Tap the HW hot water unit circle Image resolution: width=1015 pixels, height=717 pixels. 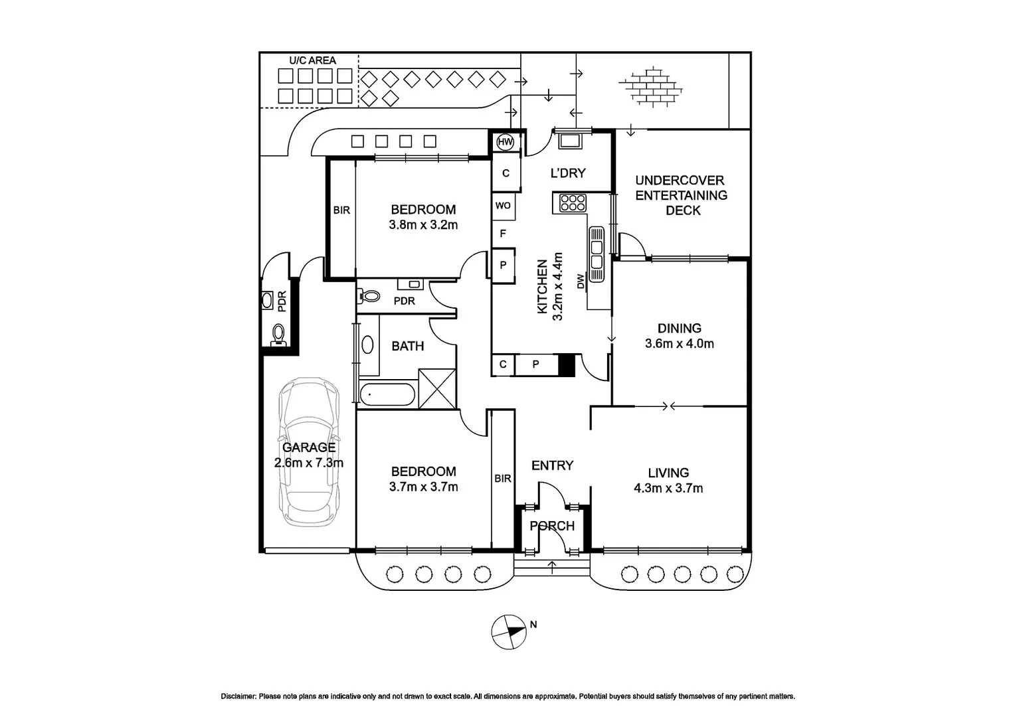pyautogui.click(x=506, y=142)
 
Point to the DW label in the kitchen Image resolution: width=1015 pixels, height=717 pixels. pyautogui.click(x=581, y=282)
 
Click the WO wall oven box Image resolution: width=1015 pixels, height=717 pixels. pyautogui.click(x=503, y=206)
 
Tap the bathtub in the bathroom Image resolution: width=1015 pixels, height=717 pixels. pyautogui.click(x=387, y=394)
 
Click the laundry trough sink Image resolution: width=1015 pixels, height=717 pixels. pyautogui.click(x=569, y=141)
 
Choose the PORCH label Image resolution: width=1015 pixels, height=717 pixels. pyautogui.click(x=552, y=526)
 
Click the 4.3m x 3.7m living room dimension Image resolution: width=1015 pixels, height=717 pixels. pyautogui.click(x=668, y=489)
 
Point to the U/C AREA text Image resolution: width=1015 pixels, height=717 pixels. pyautogui.click(x=312, y=60)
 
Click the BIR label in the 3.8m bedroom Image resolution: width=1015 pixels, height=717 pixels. pyautogui.click(x=341, y=210)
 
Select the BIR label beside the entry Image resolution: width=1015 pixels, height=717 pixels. pyautogui.click(x=503, y=478)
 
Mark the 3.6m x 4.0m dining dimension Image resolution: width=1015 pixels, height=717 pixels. pyautogui.click(x=679, y=344)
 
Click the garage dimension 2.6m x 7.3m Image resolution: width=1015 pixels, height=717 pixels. pyautogui.click(x=309, y=463)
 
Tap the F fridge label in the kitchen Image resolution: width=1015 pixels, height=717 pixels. pyautogui.click(x=503, y=234)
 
